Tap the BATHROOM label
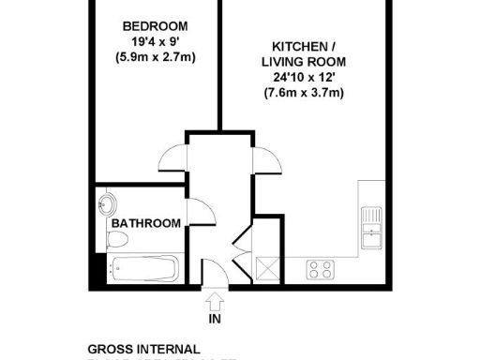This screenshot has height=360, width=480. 146,224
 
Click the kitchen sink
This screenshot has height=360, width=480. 371,225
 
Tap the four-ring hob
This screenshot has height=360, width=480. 321,270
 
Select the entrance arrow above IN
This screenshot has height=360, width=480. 214,302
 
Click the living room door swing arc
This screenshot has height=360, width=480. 265,160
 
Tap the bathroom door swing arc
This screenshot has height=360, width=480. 199,214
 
